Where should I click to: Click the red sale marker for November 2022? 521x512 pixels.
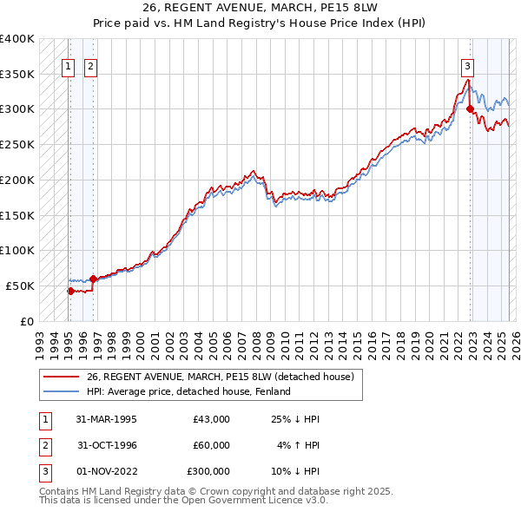470,109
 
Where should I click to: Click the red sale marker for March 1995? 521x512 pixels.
70,291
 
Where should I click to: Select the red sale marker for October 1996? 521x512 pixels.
93,279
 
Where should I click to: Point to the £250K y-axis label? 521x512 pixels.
17,145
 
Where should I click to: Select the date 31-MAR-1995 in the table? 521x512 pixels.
107,419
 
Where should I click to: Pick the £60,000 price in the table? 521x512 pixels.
211,445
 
